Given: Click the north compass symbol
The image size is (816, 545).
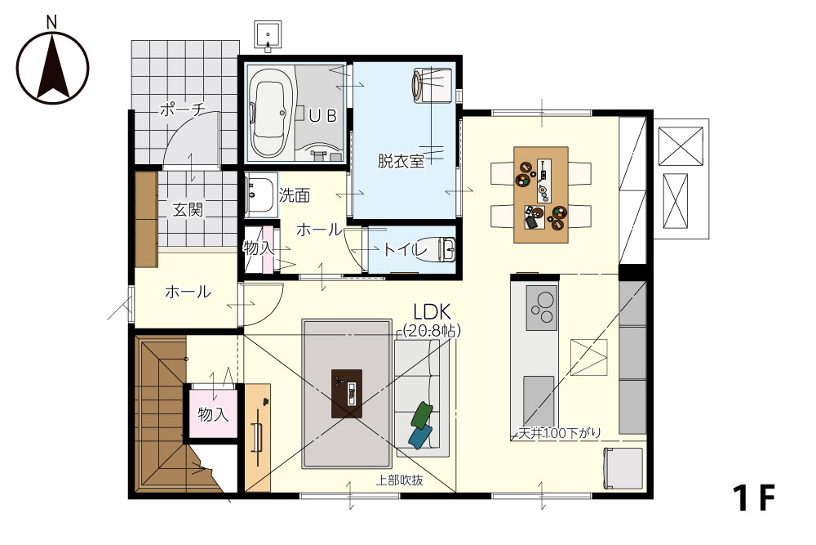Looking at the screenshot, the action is (x=52, y=68).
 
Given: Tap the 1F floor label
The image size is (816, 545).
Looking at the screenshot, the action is (x=754, y=498).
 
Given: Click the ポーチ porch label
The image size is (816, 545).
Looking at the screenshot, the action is (x=183, y=110).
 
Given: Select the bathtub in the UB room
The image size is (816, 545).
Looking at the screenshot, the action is (x=269, y=114).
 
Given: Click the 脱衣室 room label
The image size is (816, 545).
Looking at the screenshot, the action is (x=401, y=161).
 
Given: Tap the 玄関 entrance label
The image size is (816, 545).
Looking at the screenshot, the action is (x=188, y=210).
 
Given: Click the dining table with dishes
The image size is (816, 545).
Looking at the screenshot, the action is (x=541, y=194).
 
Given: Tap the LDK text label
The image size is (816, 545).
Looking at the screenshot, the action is (x=432, y=311).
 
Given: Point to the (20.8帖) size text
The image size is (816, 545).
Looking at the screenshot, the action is (x=432, y=330).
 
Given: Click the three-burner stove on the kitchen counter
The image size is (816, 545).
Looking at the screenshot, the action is (x=542, y=308).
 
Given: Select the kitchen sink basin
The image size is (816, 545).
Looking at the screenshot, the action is (x=539, y=402).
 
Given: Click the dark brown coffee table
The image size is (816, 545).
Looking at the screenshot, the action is (x=347, y=393).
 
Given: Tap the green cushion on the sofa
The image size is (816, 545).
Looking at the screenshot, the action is (x=422, y=415).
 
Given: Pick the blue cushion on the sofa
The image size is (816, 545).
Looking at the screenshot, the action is (x=420, y=436).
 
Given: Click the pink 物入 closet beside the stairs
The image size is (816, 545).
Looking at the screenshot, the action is (x=213, y=414).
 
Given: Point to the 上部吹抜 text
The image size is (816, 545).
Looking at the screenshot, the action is (x=399, y=480).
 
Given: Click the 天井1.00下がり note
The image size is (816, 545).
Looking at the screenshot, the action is (x=560, y=432).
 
